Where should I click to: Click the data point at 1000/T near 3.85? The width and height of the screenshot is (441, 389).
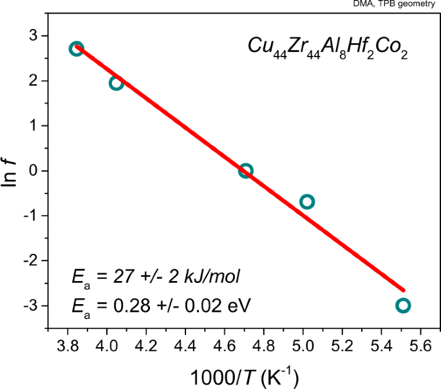76,49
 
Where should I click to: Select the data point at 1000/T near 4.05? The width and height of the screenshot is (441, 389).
116,83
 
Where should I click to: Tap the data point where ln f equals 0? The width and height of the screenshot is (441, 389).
245,171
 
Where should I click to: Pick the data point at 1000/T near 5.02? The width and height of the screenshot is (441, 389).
306,202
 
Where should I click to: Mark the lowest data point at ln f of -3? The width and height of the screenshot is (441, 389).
403,305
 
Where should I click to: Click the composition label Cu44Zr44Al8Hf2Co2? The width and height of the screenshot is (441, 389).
328,48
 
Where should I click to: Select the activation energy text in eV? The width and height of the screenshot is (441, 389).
162,302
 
